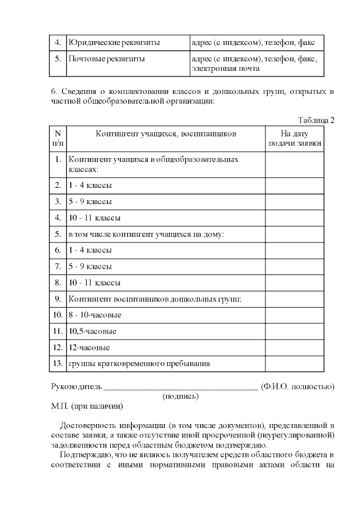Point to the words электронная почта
click(226, 69)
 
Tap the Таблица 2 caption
click(316, 120)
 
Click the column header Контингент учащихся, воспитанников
click(166, 134)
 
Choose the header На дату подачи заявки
click(295, 138)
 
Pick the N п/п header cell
click(57, 138)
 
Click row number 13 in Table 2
click(57, 364)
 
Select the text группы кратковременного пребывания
click(139, 364)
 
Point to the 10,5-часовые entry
click(92, 331)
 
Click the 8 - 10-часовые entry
click(94, 315)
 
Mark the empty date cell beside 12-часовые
click(295, 348)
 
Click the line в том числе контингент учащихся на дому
click(146, 234)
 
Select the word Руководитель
click(76, 386)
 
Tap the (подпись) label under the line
click(181, 396)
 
